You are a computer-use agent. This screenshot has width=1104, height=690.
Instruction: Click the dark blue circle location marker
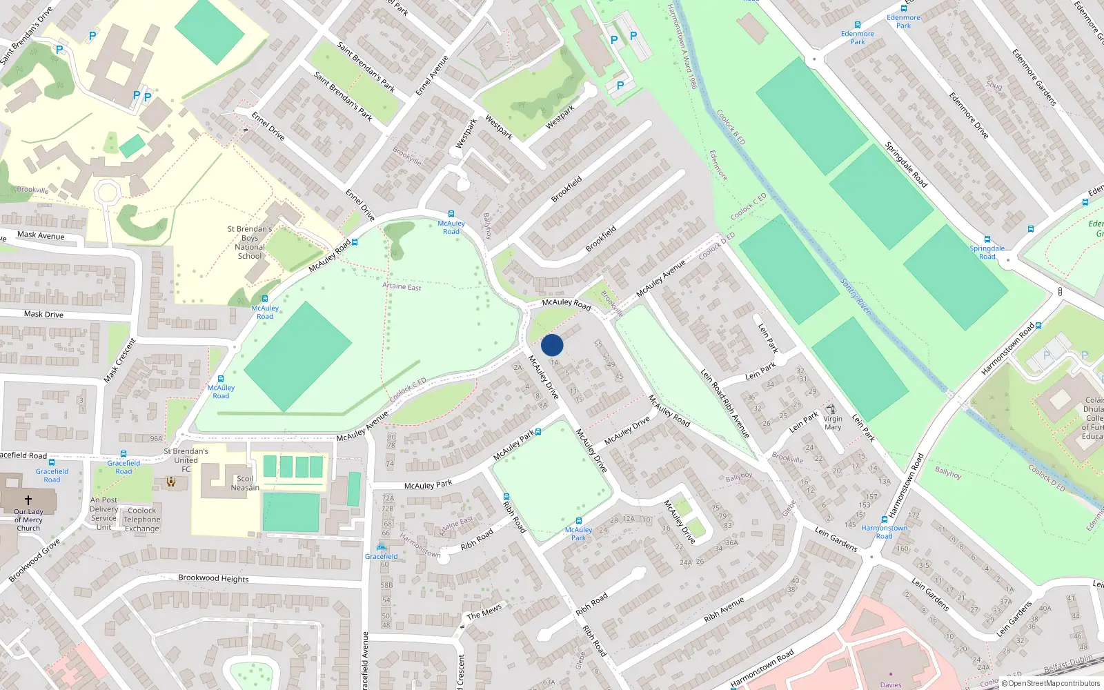coord(552,345)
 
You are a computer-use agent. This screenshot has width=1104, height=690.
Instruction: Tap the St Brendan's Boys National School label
coord(250,242)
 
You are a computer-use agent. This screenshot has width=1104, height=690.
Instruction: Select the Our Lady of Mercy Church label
coord(28,520)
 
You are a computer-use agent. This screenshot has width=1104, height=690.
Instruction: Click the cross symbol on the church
coord(28,499)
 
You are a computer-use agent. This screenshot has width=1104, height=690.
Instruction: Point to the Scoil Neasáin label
coord(245,483)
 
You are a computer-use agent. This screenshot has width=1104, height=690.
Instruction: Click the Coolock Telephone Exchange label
coord(142,520)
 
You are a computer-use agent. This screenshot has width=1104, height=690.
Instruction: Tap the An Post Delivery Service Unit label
coord(104,513)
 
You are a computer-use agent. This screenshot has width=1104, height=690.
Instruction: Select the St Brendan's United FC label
coord(186,460)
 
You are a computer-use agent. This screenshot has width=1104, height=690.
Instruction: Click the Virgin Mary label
coord(833,423)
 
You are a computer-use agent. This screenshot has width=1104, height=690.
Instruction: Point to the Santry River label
coord(856,296)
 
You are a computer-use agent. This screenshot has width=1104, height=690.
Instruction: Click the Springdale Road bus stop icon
coord(987,239)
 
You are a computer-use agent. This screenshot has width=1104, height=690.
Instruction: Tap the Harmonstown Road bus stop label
coord(884,532)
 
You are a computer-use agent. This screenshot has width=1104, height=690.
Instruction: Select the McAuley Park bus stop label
coord(578,534)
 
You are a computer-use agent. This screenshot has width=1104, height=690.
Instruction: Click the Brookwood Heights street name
coord(213,578)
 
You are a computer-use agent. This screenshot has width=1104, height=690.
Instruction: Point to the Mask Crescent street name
coord(120,361)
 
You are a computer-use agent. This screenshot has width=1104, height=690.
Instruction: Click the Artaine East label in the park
coord(402,286)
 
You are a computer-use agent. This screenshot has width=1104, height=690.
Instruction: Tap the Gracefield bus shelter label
coord(381,556)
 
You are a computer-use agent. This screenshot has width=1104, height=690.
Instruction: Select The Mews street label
coord(484,612)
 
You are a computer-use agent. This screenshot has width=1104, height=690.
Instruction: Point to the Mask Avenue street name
coord(41,235)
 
